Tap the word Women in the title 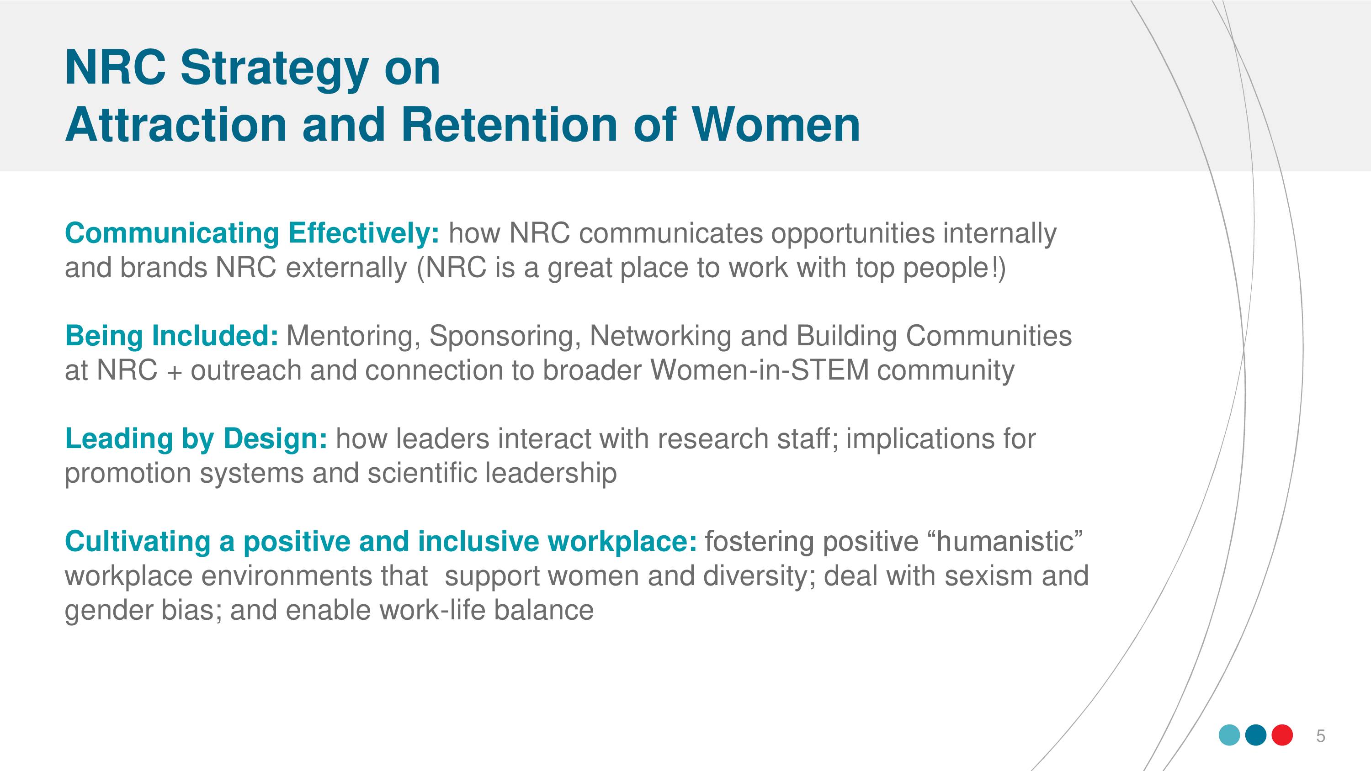pyautogui.click(x=776, y=125)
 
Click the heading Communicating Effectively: pyautogui.click(x=252, y=233)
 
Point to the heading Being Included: pyautogui.click(x=171, y=336)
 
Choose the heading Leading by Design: pyautogui.click(x=197, y=439)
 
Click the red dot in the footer pyautogui.click(x=1282, y=735)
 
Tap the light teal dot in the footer pyautogui.click(x=1229, y=735)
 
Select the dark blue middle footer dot pyautogui.click(x=1256, y=735)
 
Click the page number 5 pyautogui.click(x=1320, y=736)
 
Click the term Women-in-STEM pyautogui.click(x=760, y=370)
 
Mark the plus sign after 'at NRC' pyautogui.click(x=174, y=372)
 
